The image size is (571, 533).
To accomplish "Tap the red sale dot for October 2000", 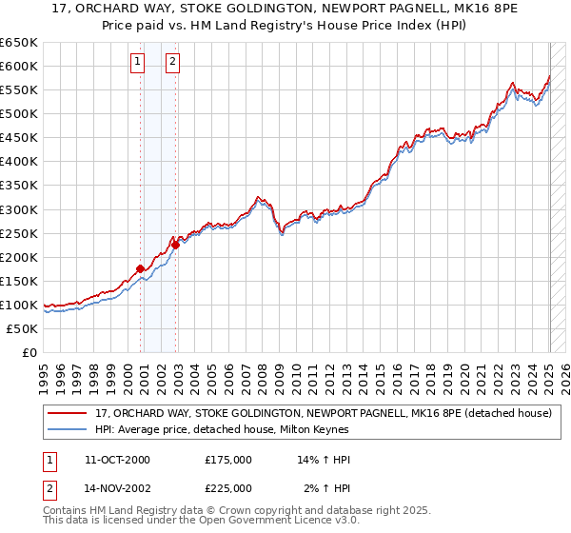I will point(140,268).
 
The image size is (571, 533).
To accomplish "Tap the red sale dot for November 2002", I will point(176,245).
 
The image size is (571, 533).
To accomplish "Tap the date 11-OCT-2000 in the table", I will point(117,460).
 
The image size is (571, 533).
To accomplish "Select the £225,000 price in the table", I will point(227,487).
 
